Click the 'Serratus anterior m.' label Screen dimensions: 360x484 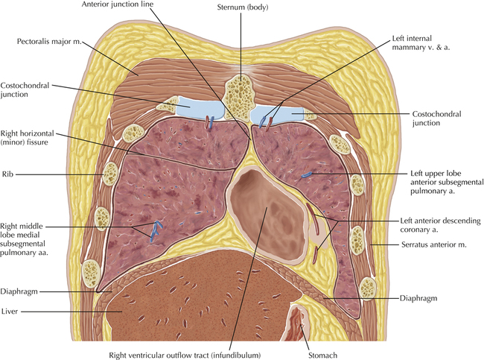pyautogui.click(x=415, y=245)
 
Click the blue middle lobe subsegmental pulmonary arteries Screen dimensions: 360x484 pyautogui.click(x=156, y=230)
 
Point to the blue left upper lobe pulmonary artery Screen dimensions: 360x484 pyautogui.click(x=307, y=175)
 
